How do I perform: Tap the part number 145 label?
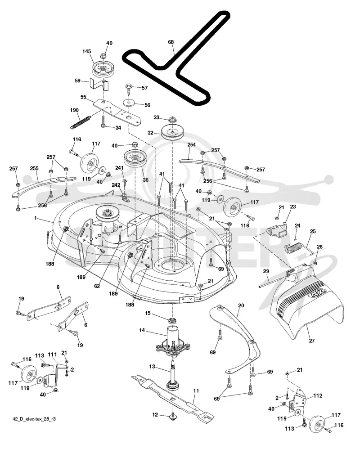(86, 51)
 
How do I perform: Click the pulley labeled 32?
(173, 132)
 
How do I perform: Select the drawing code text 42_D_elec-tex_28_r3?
(34, 419)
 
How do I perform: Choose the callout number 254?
(191, 144)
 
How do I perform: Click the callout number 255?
(34, 168)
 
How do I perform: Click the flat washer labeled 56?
(129, 102)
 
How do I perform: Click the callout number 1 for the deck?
(36, 218)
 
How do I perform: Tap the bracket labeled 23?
(277, 229)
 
